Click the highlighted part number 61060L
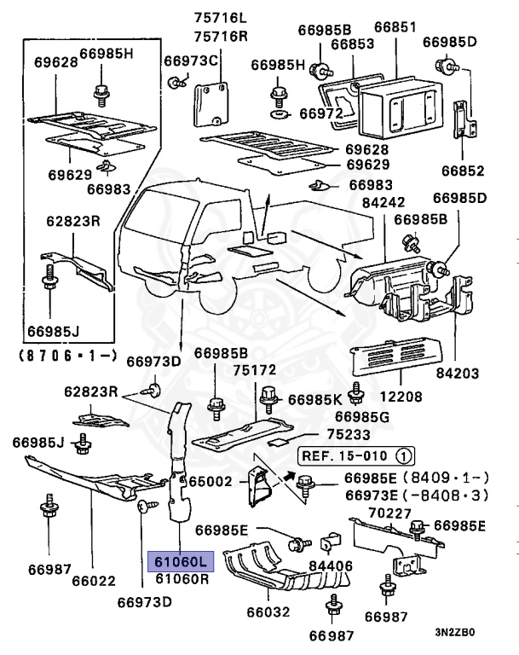click(x=179, y=561)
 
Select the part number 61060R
click(x=182, y=579)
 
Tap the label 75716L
click(x=218, y=18)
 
